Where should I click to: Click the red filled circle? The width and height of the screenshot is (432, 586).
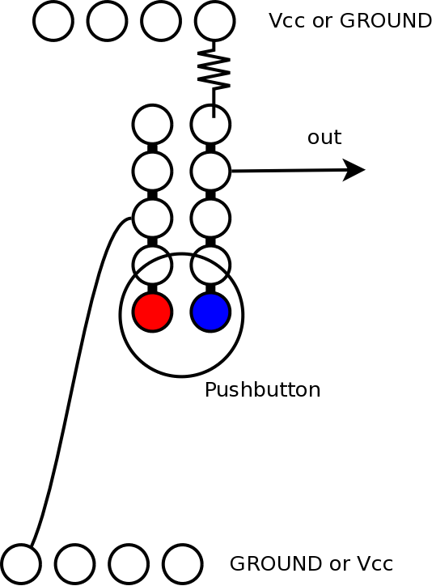coord(152,312)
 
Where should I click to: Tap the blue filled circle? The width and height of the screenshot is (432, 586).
coord(210,312)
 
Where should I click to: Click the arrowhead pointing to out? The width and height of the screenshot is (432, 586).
coord(354,170)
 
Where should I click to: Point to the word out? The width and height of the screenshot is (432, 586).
coord(324,137)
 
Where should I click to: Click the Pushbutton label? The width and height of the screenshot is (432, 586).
coord(262,390)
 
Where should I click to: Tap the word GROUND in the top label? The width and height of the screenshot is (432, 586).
coord(386,20)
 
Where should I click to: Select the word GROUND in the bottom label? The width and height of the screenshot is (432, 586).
coord(275,563)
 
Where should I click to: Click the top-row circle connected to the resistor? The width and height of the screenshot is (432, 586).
coord(214,21)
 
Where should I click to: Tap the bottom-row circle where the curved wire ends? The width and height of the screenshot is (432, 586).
coord(21,564)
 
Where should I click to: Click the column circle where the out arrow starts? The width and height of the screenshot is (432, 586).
coord(210,171)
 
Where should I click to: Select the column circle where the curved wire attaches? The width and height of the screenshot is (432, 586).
coord(152,219)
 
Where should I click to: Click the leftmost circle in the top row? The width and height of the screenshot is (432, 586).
coord(53,21)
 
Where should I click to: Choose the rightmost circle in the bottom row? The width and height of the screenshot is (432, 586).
coord(183,564)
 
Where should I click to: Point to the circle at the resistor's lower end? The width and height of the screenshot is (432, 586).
coord(210,125)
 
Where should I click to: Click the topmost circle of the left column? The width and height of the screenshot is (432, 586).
coord(152,125)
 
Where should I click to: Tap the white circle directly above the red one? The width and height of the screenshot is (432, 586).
coord(152,265)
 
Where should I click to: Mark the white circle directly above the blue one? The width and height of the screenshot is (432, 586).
coord(210,265)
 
